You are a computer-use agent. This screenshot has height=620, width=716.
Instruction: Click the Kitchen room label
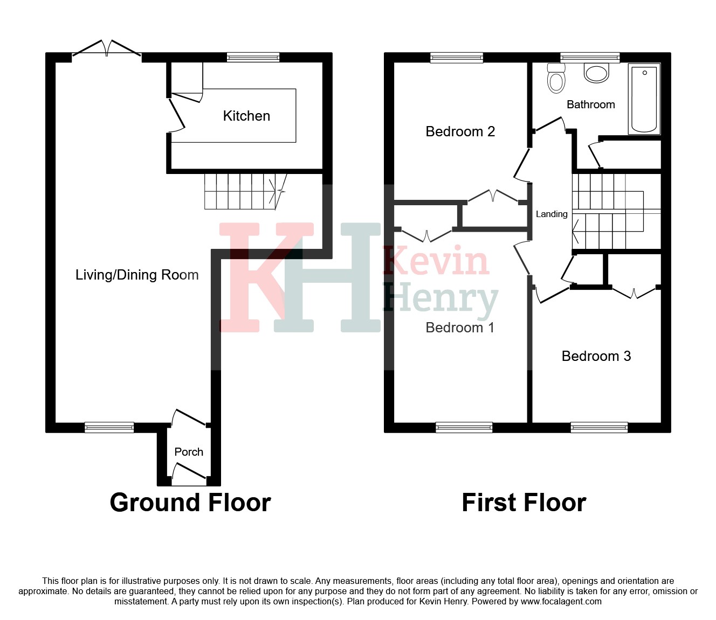click(x=246, y=116)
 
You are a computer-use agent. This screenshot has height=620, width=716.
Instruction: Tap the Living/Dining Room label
click(x=137, y=275)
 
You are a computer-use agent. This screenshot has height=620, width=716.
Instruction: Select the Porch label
click(x=189, y=452)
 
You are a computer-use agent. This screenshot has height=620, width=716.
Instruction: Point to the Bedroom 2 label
click(x=460, y=131)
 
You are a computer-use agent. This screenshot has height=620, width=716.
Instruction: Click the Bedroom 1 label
click(x=460, y=328)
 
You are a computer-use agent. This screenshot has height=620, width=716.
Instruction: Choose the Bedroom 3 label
click(x=596, y=356)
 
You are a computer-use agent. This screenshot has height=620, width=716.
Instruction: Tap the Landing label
click(x=552, y=214)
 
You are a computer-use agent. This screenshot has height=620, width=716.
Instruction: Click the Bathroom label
click(x=590, y=105)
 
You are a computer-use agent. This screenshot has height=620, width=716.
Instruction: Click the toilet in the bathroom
click(x=556, y=79)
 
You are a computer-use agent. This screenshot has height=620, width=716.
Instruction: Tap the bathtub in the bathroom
click(x=644, y=99)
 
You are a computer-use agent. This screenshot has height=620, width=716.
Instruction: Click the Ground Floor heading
click(x=190, y=503)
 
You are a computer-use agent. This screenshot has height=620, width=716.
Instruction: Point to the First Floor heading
click(x=524, y=503)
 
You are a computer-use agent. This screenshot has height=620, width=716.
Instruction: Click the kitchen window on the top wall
click(x=253, y=58)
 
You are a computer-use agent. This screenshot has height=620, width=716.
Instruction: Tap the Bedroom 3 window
click(x=599, y=428)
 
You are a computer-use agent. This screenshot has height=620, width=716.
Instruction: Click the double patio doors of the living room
click(x=107, y=50)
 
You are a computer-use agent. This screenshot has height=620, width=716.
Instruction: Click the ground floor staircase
click(x=246, y=191)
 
